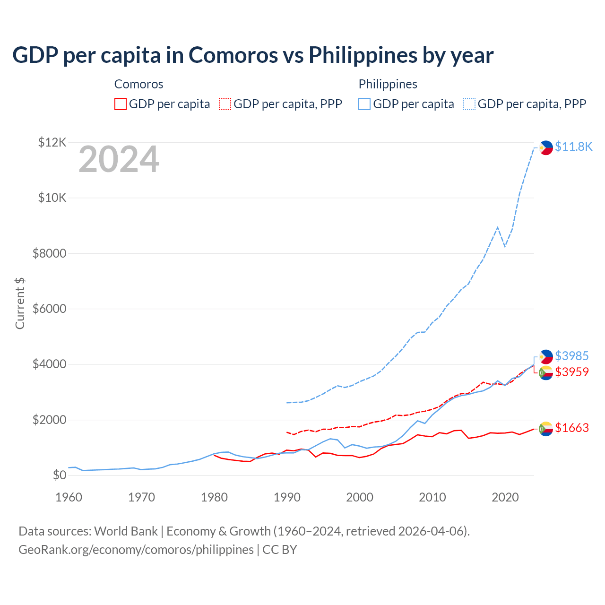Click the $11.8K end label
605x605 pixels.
coord(573,147)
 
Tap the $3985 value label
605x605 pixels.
coord(572,356)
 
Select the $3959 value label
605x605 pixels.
coord(572,372)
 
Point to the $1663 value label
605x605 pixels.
coord(572,428)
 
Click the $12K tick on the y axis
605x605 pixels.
coord(52,142)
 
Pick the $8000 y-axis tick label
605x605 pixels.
coord(49,253)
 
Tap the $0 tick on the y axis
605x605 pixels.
coord(59,475)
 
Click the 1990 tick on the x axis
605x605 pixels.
coord(287,497)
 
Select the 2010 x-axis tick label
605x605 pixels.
coord(432,497)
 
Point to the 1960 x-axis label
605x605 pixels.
coord(69,497)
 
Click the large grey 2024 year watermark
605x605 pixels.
coord(119,160)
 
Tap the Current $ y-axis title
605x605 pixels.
coord(20,303)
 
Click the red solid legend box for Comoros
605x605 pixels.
coord(121,104)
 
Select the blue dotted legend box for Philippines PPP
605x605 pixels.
coord(469,104)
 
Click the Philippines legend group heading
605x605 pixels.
coord(388,84)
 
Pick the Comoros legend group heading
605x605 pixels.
coord(138,84)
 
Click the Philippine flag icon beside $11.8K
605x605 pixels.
coord(546,147)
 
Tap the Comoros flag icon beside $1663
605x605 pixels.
coord(546,428)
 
